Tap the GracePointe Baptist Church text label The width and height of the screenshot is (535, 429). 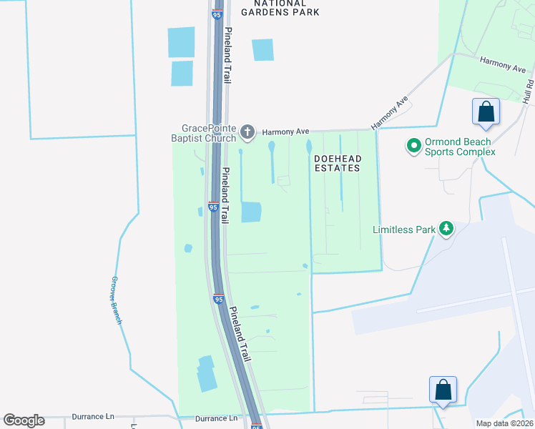203,134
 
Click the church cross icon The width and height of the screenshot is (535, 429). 247,132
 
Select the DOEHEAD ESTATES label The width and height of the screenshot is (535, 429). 336,162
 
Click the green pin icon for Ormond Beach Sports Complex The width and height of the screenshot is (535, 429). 413,147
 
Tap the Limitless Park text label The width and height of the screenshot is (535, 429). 403,230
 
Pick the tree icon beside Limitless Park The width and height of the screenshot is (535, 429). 446,228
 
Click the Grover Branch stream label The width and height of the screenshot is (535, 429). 115,300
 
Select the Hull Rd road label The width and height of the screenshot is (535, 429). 528,90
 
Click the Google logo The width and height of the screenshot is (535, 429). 24,420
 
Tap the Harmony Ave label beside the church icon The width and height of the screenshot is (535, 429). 285,132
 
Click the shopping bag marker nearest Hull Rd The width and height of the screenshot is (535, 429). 486,112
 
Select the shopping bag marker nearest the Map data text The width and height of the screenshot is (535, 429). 443,390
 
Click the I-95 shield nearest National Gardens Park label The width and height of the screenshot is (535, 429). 217,14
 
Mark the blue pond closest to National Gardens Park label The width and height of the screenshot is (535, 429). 262,49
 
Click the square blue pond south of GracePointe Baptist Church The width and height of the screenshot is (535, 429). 251,212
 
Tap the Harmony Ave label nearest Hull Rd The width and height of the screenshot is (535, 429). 503,65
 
